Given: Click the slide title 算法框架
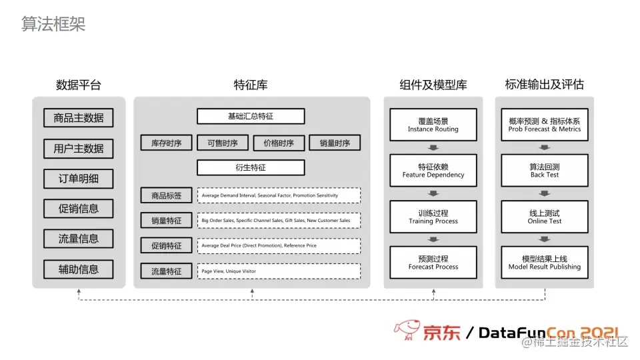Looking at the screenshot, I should (53, 25).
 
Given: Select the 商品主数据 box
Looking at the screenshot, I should (79, 118).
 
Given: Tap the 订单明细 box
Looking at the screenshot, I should (79, 179).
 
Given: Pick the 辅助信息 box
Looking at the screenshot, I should (79, 269).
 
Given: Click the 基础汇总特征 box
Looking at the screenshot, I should (251, 116).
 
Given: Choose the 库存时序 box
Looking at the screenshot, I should (166, 143).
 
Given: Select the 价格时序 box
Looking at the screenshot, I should (279, 143).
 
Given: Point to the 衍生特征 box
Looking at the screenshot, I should (251, 167).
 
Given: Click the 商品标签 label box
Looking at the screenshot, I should (166, 195).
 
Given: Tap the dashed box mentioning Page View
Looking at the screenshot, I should (279, 271).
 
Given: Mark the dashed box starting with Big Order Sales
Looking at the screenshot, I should (279, 220).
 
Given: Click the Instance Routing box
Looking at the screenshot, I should (433, 125).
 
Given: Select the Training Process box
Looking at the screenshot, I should (433, 217).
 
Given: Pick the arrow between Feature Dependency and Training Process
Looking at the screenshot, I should (433, 193).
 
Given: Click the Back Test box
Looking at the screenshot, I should (545, 171).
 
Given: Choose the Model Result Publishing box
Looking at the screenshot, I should (545, 263).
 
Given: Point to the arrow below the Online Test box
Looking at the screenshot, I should (545, 239).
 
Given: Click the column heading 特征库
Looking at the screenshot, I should (251, 85).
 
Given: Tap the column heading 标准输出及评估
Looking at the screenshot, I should (544, 85).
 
